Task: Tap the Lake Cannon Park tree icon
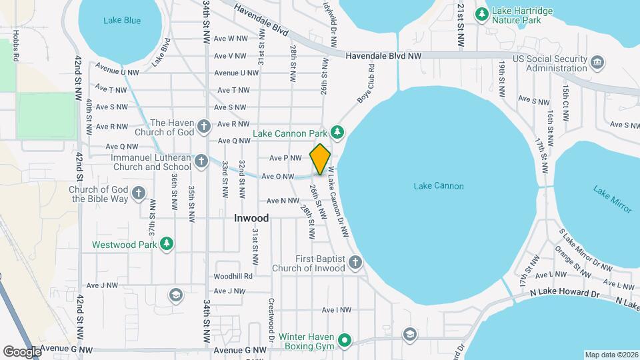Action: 338,132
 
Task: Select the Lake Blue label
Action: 122,21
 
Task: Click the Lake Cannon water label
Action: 439,186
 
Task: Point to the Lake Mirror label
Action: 612,199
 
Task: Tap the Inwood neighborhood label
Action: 251,218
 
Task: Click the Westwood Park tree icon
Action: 167,245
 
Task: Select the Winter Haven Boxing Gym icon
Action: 345,341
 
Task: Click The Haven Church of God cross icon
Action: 205,125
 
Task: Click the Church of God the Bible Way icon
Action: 138,193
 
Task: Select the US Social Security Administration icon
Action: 597,63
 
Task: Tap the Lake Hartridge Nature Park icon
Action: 482,13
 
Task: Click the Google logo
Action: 22,352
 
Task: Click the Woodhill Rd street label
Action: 233,276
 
